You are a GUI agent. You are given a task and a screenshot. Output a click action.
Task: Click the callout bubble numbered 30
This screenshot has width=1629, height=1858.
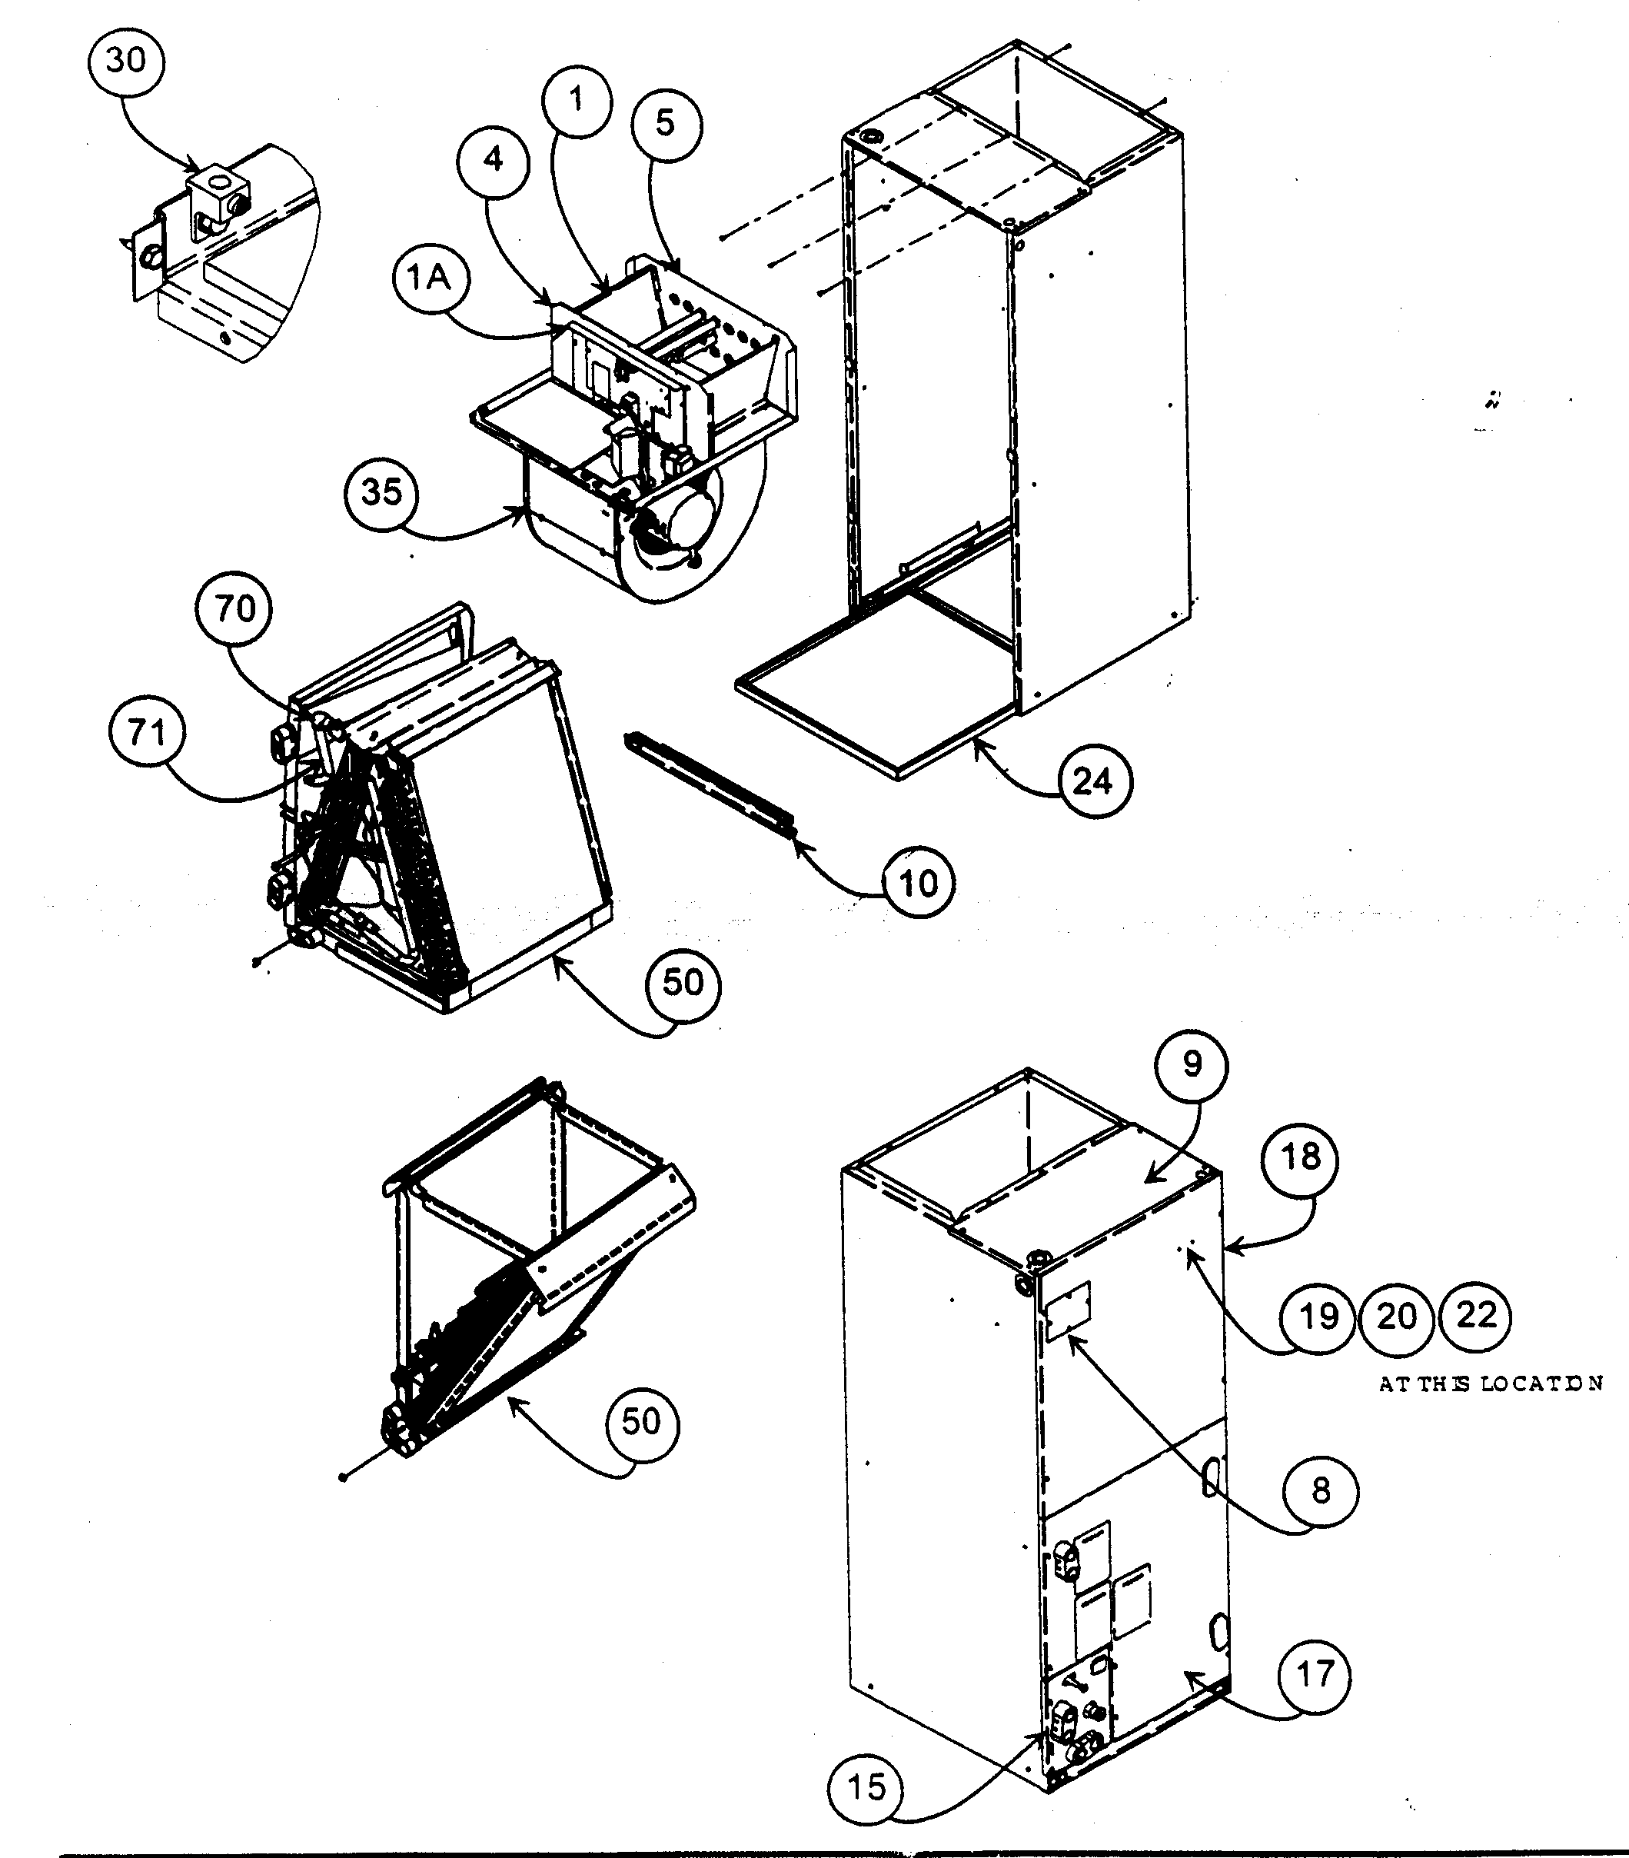pos(125,61)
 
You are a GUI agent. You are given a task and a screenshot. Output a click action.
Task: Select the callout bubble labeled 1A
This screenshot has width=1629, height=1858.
pos(430,278)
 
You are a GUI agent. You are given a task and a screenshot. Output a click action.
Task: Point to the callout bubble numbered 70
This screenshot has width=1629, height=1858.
pos(234,608)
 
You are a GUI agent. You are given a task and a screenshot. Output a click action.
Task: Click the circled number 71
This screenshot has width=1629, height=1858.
pos(146,732)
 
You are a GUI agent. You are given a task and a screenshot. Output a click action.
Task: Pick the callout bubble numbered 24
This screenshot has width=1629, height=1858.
pos(1093,781)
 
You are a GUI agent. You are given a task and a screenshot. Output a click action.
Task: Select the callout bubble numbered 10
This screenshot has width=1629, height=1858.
pos(918,883)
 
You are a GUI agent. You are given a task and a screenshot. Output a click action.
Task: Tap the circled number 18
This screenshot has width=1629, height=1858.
pos(1299,1157)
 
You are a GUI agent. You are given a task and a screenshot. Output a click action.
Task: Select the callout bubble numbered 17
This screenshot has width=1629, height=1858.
pos(1314,1674)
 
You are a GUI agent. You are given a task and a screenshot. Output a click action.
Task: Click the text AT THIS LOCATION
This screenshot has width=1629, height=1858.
pos(1490,1384)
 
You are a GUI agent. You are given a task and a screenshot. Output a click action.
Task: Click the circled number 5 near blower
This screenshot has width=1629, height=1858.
pos(665,124)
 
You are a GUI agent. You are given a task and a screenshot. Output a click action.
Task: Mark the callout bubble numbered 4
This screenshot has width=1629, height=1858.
pos(493,160)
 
